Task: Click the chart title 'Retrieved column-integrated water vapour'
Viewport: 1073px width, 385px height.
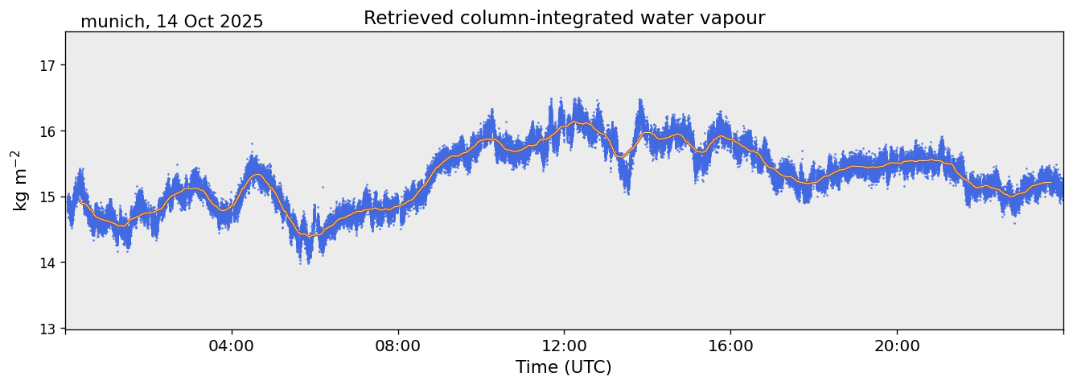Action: click(x=564, y=19)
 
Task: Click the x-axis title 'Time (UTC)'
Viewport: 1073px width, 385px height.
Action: click(x=564, y=367)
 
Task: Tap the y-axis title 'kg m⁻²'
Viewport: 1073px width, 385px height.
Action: click(x=18, y=180)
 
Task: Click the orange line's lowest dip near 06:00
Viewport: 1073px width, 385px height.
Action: click(x=310, y=236)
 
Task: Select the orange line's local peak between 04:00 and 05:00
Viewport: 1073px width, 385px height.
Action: click(x=256, y=175)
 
